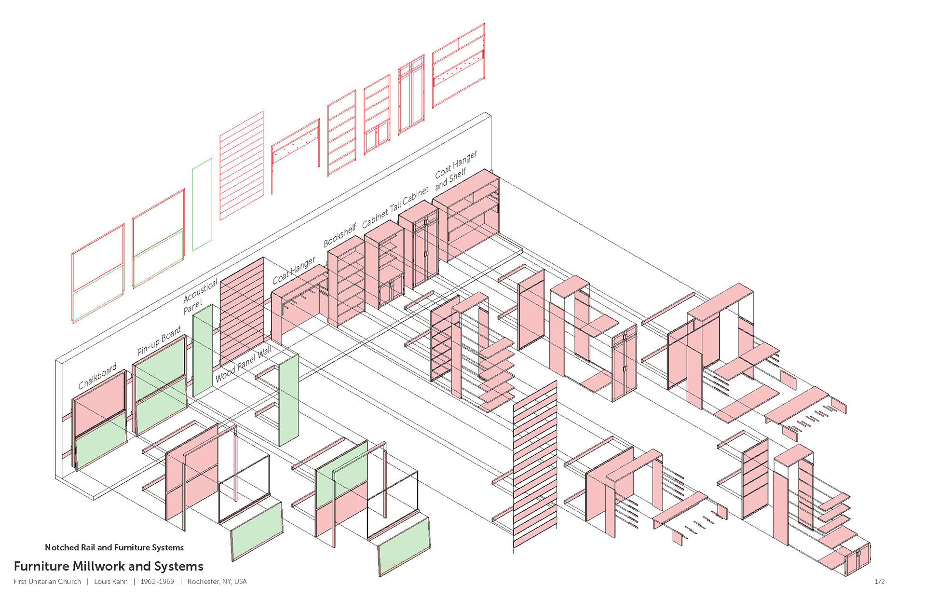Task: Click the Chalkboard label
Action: (97, 376)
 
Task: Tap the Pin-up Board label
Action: (159, 340)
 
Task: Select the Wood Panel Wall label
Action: (244, 364)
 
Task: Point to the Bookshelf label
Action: (340, 235)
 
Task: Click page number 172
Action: (879, 582)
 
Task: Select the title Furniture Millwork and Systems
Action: (109, 566)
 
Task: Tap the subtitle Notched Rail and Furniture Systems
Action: (114, 547)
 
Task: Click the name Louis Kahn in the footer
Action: (111, 582)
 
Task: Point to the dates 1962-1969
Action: (157, 582)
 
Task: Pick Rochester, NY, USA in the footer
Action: (217, 582)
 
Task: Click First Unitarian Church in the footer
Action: (47, 582)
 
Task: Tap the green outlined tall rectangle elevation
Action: (202, 204)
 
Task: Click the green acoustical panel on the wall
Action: (203, 350)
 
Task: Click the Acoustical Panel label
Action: (199, 297)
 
